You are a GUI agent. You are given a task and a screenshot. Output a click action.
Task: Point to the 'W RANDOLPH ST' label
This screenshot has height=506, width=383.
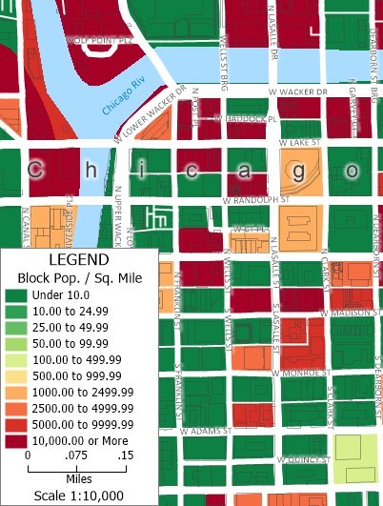point(254,200)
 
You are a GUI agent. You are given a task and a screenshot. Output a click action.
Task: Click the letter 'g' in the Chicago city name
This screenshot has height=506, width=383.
point(299,171)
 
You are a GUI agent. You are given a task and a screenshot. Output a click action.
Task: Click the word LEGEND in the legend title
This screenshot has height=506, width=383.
point(79,259)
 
